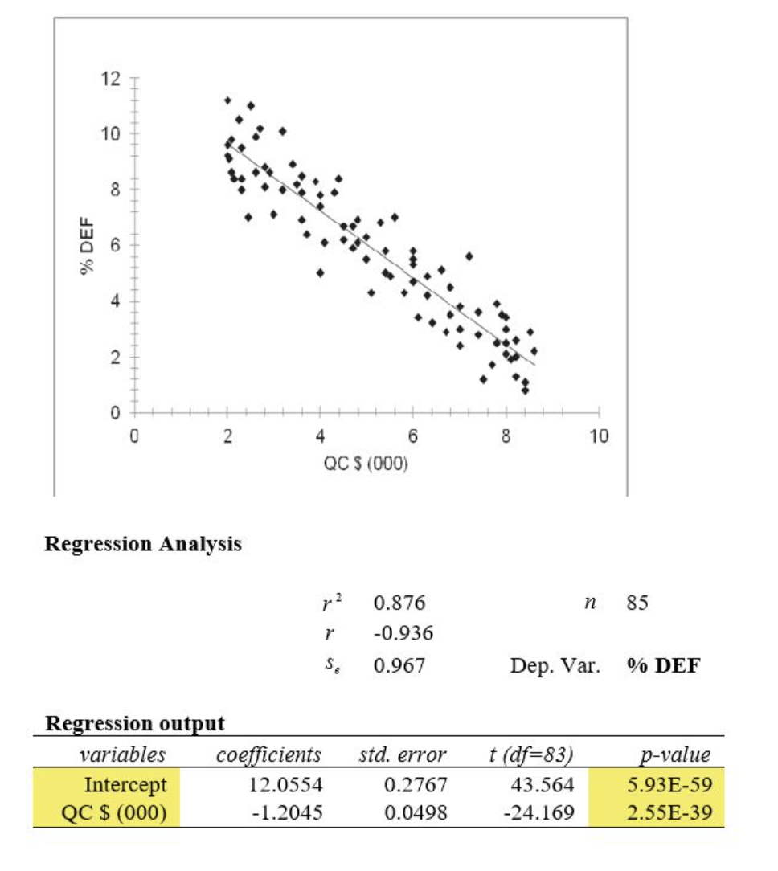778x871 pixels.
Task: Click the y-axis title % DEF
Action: click(85, 246)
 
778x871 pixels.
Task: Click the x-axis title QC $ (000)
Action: click(367, 466)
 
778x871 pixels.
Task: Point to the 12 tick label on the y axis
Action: click(110, 79)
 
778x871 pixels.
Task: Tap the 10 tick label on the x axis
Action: click(599, 437)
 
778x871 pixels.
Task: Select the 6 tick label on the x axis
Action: click(413, 437)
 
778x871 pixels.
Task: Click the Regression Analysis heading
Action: click(143, 544)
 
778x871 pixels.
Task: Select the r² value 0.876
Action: click(399, 603)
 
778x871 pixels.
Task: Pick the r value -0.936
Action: click(403, 633)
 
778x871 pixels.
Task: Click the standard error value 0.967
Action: click(399, 665)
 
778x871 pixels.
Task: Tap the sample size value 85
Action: click(637, 603)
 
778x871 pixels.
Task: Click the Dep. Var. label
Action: click(555, 665)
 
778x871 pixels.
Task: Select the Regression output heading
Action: click(135, 723)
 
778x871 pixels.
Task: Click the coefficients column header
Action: click(268, 755)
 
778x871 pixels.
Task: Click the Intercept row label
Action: click(126, 784)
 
